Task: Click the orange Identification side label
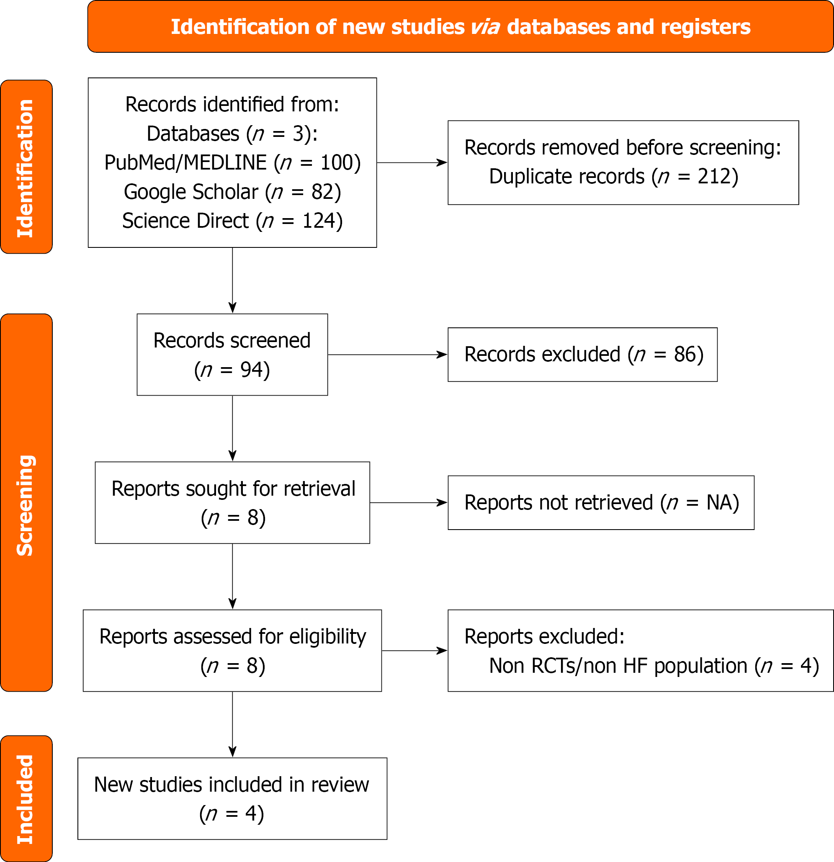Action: (26, 167)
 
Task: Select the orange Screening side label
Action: (26, 502)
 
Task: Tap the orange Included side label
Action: (26, 798)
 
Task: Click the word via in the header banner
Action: (485, 27)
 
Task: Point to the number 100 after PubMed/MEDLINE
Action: (337, 163)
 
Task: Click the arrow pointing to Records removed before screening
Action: (412, 163)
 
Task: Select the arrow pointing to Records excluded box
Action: (388, 355)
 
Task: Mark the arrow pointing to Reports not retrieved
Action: (409, 503)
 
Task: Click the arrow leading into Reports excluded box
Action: (414, 651)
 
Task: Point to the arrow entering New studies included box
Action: (233, 724)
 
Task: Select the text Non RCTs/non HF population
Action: (618, 666)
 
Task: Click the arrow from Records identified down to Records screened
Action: (233, 280)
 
